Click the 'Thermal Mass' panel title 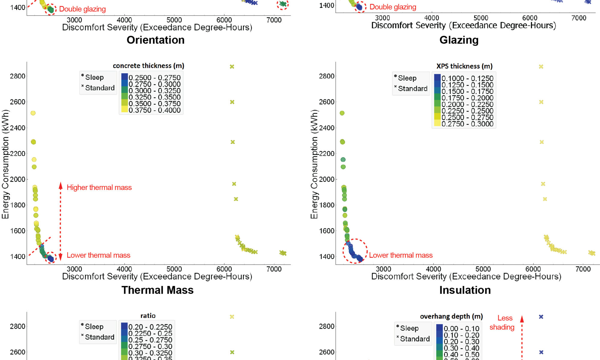[x=157, y=290]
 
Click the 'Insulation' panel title [x=465, y=290]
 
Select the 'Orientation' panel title [x=155, y=40]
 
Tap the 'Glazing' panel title [x=459, y=40]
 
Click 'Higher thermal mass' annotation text [x=99, y=187]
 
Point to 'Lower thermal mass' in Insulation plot [x=401, y=255]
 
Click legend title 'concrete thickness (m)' [x=148, y=66]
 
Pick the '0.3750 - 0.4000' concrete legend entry [x=154, y=110]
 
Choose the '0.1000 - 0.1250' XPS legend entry [x=467, y=79]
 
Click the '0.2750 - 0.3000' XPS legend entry [x=467, y=124]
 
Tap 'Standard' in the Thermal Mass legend [x=100, y=88]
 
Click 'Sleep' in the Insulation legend [x=407, y=78]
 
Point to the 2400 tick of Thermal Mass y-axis [x=17, y=128]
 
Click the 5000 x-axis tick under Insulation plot [x=483, y=269]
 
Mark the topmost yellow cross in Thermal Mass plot [x=232, y=67]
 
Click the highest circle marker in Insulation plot [x=342, y=113]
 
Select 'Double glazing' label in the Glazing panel [x=393, y=7]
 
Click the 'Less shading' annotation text [x=502, y=322]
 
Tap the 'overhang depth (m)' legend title [x=451, y=316]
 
